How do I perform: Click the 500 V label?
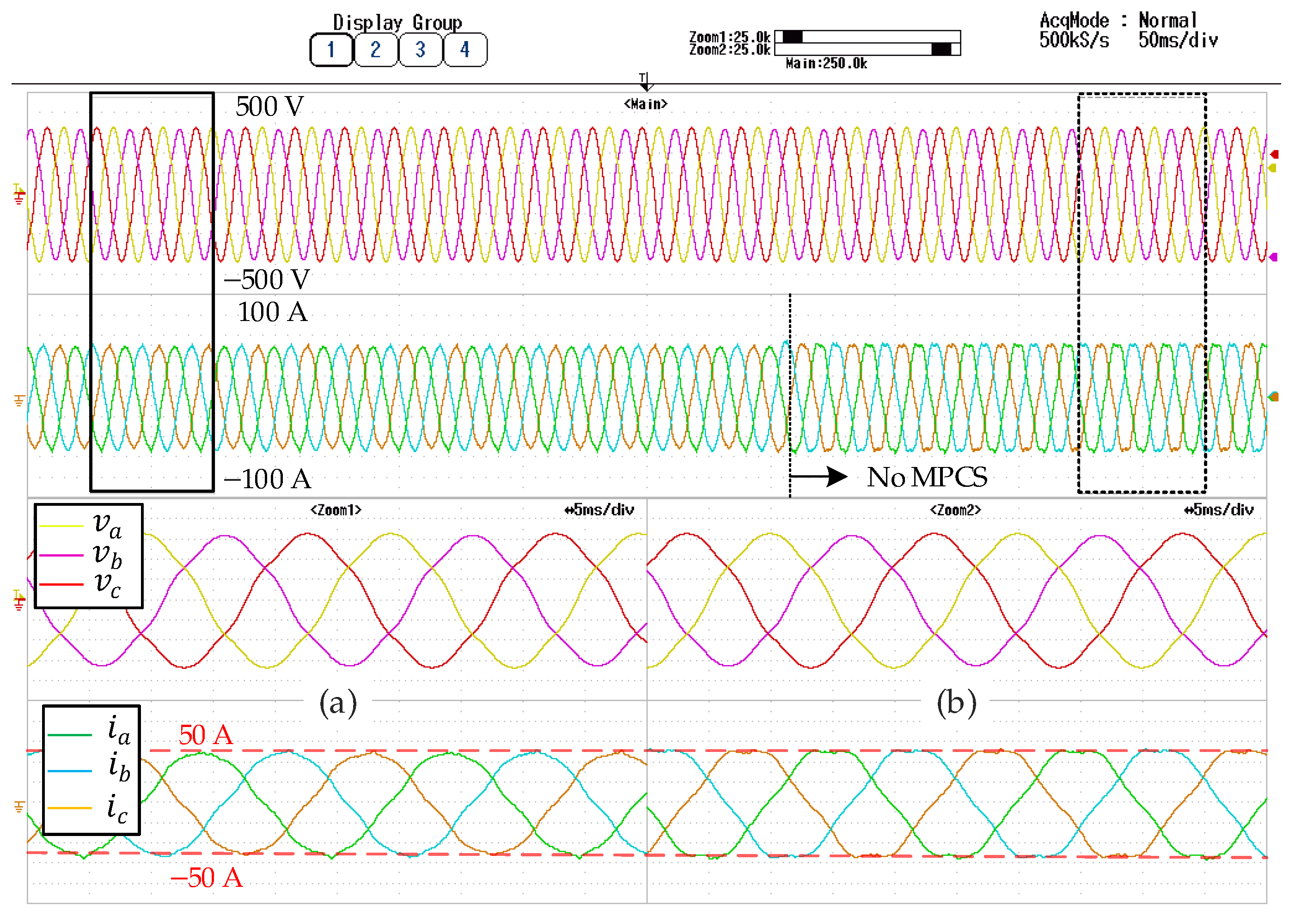coord(269,107)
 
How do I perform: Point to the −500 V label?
coord(267,279)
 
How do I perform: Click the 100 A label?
coord(272,312)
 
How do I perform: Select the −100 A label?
coord(267,479)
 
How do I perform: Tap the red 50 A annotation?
coord(206,735)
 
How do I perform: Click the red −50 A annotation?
coord(207,878)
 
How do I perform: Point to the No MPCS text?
coord(927,477)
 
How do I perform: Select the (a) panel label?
coord(338,703)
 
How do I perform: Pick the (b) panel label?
coord(956,703)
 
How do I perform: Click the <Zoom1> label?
coord(336,510)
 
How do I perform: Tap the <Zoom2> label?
coord(955,510)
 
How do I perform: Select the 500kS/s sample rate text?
coord(1074,41)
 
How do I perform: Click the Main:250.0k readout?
coord(826,64)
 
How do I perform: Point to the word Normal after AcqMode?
coord(1167,21)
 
